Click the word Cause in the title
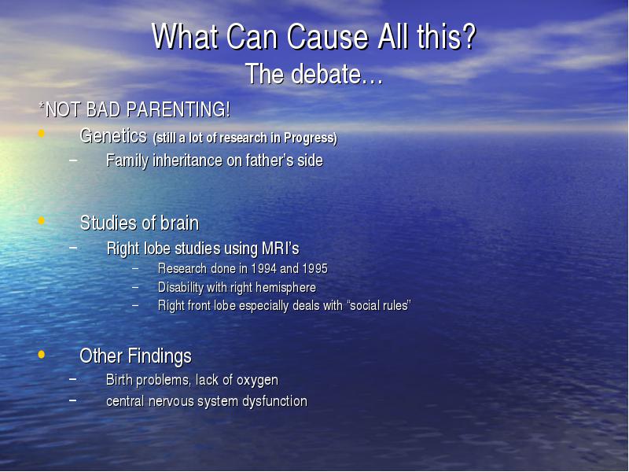pos(327,36)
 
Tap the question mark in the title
pos(467,36)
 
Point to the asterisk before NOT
pos(42,105)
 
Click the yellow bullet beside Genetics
pos(42,133)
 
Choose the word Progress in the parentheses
pos(311,138)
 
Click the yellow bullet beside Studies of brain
pos(42,220)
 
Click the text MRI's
pos(281,249)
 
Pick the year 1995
pos(315,268)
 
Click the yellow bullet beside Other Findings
pos(42,355)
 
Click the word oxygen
pos(257,380)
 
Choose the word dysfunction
pos(274,401)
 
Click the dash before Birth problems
pos(72,378)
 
